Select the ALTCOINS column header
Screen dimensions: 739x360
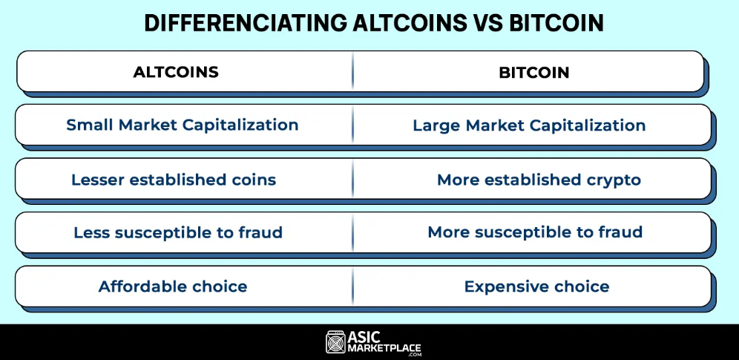176,71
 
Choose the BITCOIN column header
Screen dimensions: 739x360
534,72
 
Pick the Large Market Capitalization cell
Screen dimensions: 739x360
529,125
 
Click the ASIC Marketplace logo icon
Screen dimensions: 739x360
335,342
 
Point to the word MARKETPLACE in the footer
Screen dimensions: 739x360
384,349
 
